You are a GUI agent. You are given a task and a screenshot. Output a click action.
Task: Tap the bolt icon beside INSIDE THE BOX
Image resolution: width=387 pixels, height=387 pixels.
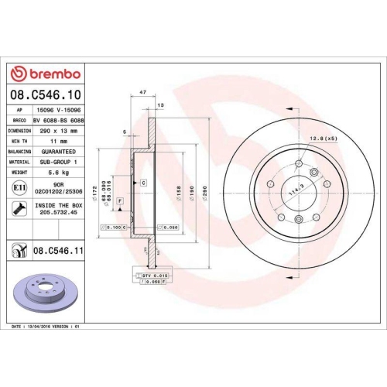(18, 207)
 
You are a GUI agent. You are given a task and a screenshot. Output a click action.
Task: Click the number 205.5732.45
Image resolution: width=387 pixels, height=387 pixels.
(60, 213)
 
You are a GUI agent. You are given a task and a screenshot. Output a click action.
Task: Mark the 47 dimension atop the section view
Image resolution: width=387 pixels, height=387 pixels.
(143, 92)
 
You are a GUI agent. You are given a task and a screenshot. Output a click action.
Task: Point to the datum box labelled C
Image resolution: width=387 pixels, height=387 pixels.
(144, 183)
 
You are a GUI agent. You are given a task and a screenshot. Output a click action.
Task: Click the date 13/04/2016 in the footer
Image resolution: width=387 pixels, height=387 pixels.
(50, 328)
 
